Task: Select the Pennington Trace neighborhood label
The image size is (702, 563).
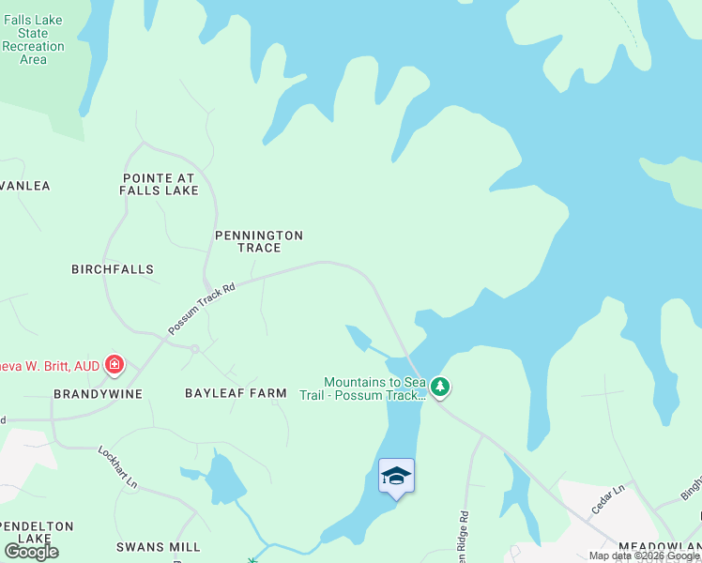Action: pos(259,241)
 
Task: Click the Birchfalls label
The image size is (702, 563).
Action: pos(113,269)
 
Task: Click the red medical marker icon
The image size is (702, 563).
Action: pos(114,364)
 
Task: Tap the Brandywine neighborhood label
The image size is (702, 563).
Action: pos(98,394)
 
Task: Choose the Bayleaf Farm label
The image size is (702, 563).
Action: pos(236,393)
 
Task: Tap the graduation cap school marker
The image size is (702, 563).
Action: pos(396,476)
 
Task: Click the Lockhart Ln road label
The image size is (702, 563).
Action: pos(118,466)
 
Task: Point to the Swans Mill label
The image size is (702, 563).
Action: pos(159,547)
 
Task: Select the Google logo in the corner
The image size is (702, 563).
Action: pos(31,551)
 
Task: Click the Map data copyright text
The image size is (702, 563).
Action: pos(644,556)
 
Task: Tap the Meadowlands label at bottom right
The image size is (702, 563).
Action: pos(659,546)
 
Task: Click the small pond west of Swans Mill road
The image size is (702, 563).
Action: pos(223,479)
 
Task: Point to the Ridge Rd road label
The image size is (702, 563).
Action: pos(464,532)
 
